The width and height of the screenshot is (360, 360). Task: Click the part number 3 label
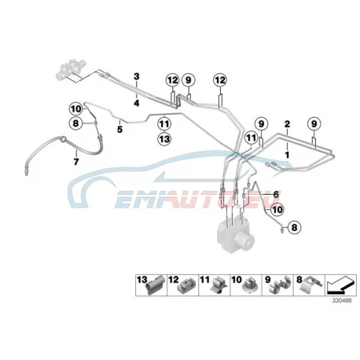tap(137, 77)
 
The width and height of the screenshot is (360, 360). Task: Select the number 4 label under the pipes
tap(137, 103)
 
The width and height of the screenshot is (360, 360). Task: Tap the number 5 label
tap(119, 129)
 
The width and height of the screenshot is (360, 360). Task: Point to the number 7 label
tap(76, 162)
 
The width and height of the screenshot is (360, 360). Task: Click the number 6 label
tap(276, 195)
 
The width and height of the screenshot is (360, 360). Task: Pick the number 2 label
tap(287, 124)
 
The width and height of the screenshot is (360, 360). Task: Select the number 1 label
tap(287, 155)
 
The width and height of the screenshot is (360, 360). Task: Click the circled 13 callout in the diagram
tap(164, 139)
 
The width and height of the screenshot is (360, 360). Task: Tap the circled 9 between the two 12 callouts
tap(189, 80)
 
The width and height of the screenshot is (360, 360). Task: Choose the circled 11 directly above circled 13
tap(164, 123)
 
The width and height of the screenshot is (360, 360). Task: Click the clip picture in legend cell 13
tap(155, 285)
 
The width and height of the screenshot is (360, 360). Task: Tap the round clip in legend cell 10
tap(250, 286)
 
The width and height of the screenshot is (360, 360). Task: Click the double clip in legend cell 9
tap(281, 285)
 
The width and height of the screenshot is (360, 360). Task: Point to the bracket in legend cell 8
tap(312, 285)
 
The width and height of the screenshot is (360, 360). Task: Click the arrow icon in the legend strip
tap(340, 285)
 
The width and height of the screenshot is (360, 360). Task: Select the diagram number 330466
tap(342, 300)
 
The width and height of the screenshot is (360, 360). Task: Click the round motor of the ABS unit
tap(245, 240)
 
